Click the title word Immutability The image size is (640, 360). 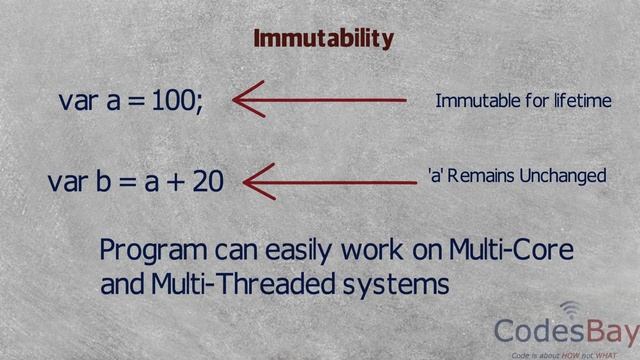(323, 39)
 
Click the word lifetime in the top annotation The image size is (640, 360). (581, 101)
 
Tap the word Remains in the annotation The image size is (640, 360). (480, 176)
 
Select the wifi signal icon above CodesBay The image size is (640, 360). (570, 308)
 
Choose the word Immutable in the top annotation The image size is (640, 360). (478, 101)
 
